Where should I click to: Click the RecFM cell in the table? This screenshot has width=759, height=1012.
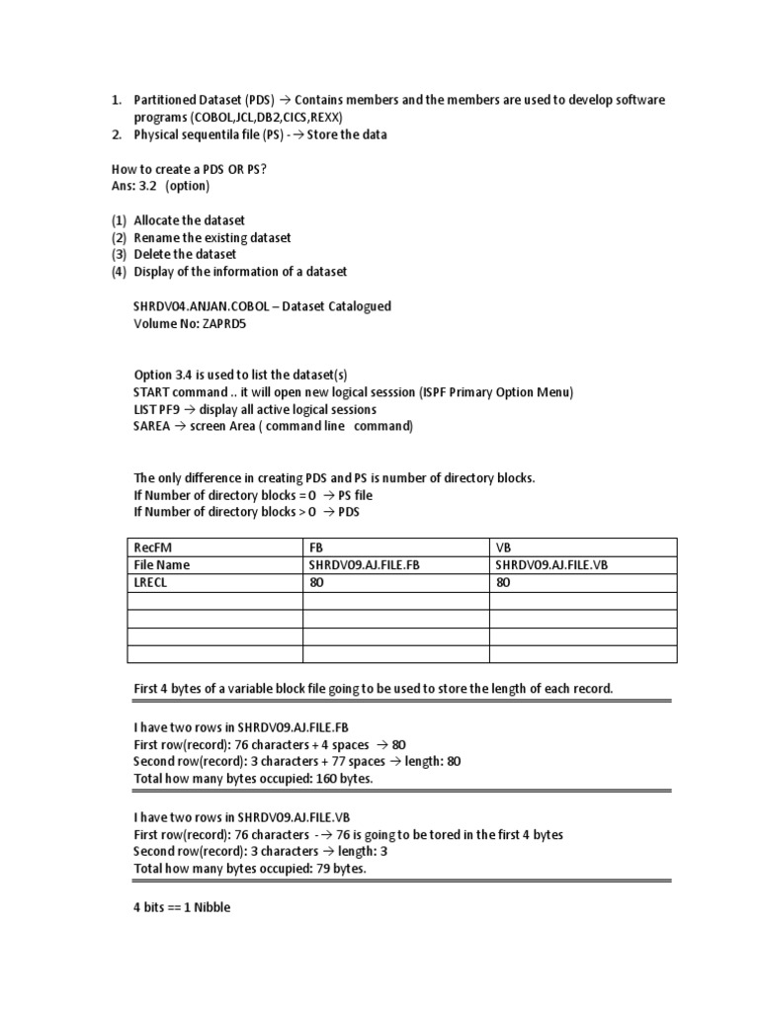point(151,548)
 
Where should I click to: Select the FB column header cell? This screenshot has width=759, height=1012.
point(317,548)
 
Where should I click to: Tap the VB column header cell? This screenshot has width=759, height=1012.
point(504,548)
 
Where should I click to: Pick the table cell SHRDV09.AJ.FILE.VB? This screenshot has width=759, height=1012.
point(558,565)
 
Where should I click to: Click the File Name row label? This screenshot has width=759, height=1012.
point(161,565)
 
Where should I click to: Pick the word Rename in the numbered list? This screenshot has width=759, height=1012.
point(157,237)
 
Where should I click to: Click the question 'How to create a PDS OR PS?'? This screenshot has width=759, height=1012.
point(190,169)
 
